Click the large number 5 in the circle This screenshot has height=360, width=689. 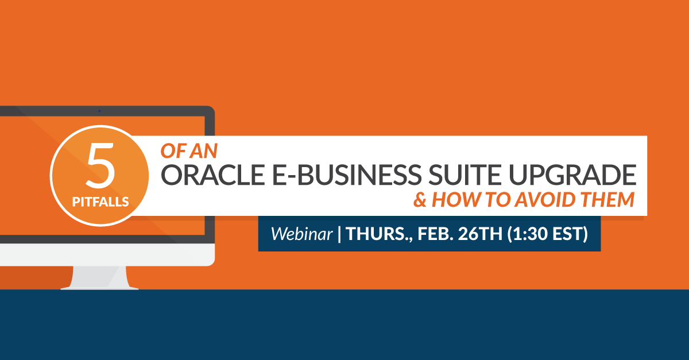click(x=100, y=165)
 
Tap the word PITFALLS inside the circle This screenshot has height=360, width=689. click(x=100, y=202)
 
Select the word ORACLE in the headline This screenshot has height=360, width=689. click(x=213, y=175)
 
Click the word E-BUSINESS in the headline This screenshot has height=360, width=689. click(x=347, y=175)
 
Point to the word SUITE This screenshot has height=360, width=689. click(x=465, y=175)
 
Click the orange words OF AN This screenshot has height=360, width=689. click(x=189, y=151)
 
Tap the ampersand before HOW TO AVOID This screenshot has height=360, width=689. click(x=420, y=200)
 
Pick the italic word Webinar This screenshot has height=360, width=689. click(x=302, y=234)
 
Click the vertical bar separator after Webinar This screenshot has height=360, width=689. click(x=339, y=234)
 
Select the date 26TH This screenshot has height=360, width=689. click(x=480, y=234)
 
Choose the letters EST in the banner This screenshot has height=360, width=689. click(x=567, y=234)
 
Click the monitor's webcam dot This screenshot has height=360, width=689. click(x=99, y=111)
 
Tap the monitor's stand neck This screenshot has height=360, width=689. click(x=100, y=277)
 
